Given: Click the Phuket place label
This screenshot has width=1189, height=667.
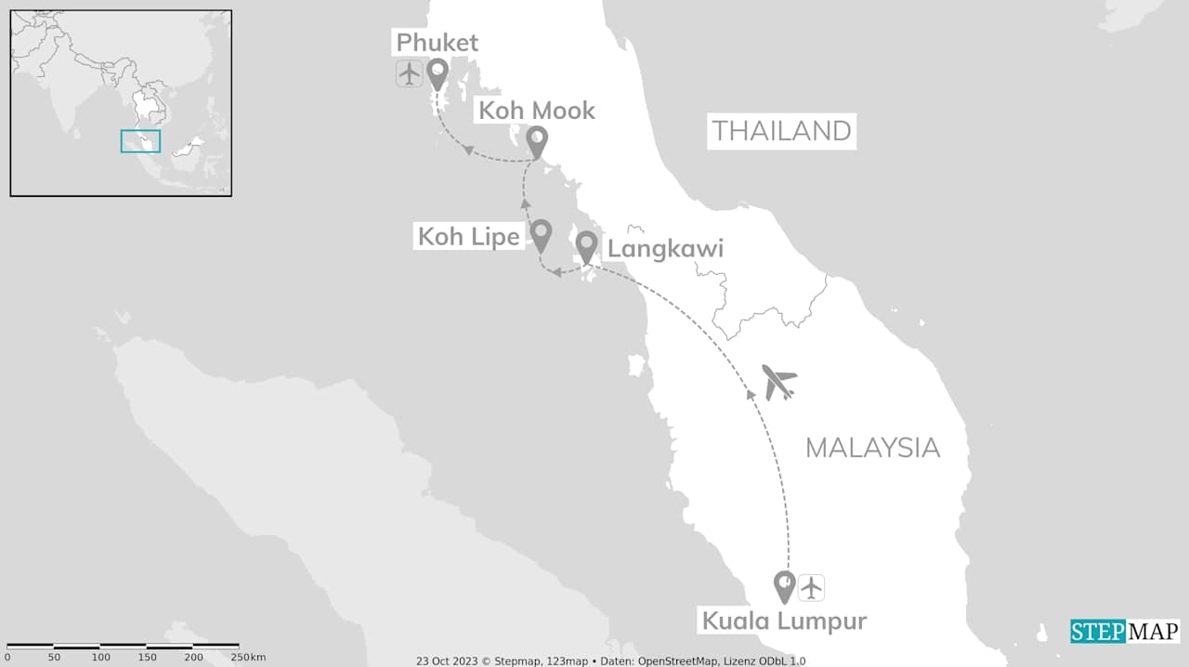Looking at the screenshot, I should coord(437,43).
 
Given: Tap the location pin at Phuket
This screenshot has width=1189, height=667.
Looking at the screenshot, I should coord(437,72).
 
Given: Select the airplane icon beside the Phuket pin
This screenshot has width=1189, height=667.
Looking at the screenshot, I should coord(409,72).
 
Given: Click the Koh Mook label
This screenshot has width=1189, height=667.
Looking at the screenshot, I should coord(536,111).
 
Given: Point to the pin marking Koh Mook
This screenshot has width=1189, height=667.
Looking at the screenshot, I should coord(536,141).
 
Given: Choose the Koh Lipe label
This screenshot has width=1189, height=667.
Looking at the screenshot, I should coord(468,236).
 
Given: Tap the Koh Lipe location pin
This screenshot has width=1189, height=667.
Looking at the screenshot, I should coord(541,234).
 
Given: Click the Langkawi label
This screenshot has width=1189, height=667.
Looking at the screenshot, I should coord(665,249).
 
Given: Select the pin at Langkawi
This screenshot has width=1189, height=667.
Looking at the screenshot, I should coord(586,246).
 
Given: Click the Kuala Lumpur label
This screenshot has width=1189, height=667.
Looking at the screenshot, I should coord(783,621).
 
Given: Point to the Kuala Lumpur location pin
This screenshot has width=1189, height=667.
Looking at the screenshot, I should coord(785,585).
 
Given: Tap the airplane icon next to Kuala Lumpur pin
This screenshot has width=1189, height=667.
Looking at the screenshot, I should coord(812,587).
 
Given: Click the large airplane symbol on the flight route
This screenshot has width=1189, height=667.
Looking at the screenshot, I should coord(779,381).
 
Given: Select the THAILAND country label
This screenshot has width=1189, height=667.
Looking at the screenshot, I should coord(781,131).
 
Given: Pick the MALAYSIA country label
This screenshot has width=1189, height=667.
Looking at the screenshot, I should coord(872,448).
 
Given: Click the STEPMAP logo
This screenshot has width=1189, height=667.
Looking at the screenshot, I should coord(1124,632).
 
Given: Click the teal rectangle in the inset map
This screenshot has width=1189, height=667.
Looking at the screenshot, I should coord(140,141).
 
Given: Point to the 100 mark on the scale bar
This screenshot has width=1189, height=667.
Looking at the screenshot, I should coord(100,658).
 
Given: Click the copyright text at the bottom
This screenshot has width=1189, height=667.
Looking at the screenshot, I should coord(610,660).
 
